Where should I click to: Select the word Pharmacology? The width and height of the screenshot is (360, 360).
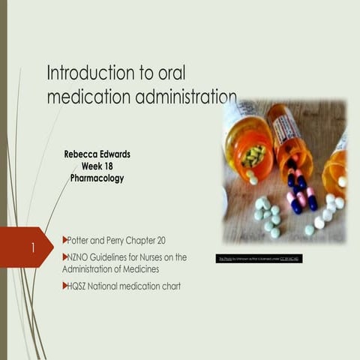pos(97,178)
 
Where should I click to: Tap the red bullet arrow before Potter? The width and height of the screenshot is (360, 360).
pos(64,240)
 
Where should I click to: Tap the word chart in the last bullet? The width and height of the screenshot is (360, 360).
pos(169,286)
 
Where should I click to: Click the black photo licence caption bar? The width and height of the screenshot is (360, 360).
pos(259,258)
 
